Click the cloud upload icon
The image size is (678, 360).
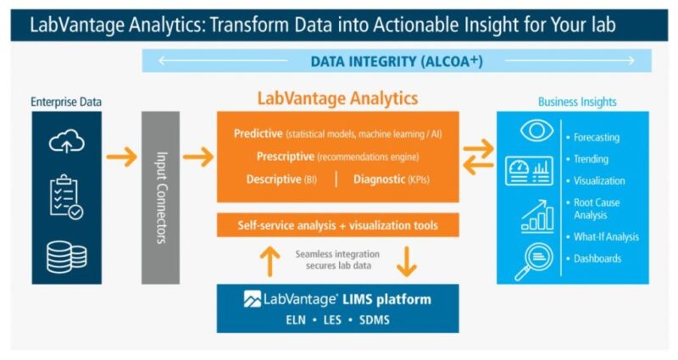(x=67, y=141)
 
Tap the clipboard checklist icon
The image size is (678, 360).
(x=66, y=197)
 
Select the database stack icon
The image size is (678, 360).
(x=67, y=258)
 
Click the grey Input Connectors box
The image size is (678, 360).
(x=160, y=197)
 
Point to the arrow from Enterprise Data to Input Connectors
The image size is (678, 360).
(x=121, y=157)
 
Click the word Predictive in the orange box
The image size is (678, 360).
(x=258, y=134)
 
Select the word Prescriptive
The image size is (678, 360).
(x=286, y=157)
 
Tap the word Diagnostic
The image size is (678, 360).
(x=379, y=179)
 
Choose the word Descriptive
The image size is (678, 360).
(x=274, y=179)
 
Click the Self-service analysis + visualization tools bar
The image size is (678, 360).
(x=337, y=224)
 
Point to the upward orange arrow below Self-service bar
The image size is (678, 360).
(x=270, y=261)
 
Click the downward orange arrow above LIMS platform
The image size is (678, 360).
(x=407, y=261)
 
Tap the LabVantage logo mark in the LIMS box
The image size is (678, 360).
(x=252, y=299)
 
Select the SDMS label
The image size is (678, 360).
(x=375, y=320)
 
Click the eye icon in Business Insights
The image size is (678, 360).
(x=536, y=130)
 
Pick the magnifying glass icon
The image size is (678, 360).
(x=534, y=262)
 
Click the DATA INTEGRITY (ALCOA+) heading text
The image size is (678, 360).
(x=397, y=61)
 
